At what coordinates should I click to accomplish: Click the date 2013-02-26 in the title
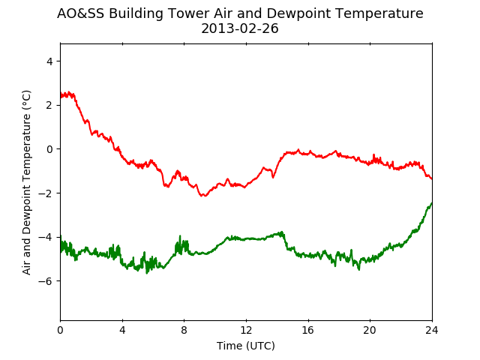coord(240,28)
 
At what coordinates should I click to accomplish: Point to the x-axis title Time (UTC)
coord(246,346)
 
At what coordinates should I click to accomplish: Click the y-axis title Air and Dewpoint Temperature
coord(27,182)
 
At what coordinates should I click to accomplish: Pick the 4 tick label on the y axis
coord(49,61)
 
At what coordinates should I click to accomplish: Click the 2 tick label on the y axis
coord(49,105)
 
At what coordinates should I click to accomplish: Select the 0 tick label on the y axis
coord(49,149)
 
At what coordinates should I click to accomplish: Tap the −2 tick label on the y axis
coord(45,193)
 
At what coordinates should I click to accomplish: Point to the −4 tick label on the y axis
coord(45,237)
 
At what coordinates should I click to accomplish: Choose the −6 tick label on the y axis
coord(45,281)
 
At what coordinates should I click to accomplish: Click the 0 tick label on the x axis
coord(60,330)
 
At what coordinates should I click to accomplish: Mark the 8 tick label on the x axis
coord(184,330)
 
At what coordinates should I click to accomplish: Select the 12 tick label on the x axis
coord(246,330)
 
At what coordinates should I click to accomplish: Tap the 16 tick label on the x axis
coord(308,330)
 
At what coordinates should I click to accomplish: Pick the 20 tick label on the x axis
coord(370,330)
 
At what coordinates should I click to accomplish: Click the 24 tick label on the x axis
coord(432,330)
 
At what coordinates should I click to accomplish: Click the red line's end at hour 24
coord(432,178)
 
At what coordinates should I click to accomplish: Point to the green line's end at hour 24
coord(432,202)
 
